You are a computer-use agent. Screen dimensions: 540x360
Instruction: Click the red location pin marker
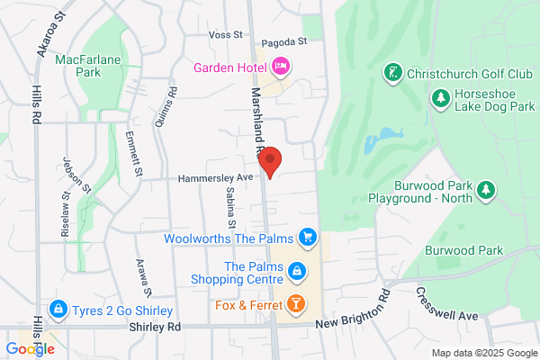[271, 160]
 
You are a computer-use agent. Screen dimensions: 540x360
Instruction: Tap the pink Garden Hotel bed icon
[281, 67]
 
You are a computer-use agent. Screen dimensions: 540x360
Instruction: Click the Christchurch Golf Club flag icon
[392, 71]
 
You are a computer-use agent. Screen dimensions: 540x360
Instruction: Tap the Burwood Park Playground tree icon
[486, 189]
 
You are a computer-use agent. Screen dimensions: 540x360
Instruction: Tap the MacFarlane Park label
[87, 65]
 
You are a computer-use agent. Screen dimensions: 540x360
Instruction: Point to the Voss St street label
[226, 34]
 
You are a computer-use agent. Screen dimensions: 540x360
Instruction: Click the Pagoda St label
[284, 41]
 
